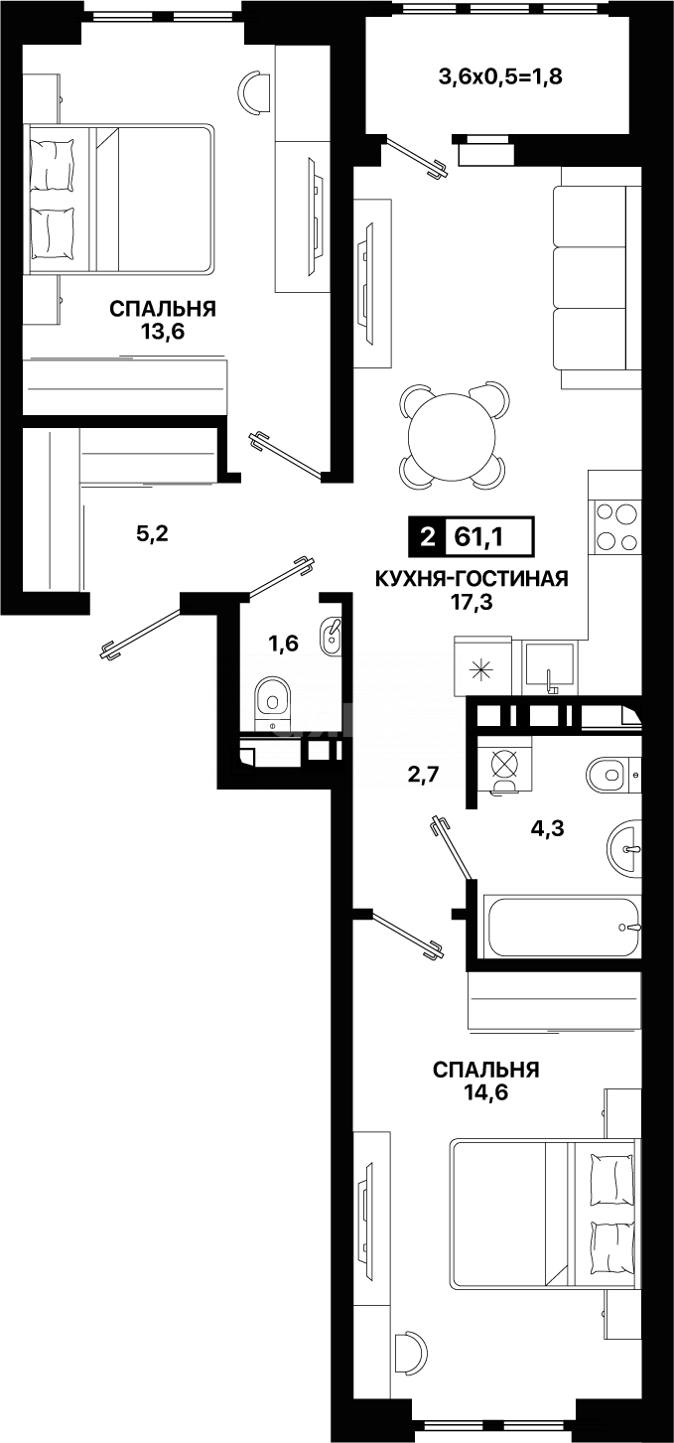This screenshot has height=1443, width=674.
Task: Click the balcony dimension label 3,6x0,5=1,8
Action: (500, 75)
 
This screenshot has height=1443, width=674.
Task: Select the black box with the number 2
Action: (428, 537)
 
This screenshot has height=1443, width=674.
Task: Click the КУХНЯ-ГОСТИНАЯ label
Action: (471, 579)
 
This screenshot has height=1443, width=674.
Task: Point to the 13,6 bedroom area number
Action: (164, 332)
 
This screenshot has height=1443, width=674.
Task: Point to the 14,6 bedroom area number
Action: (485, 1091)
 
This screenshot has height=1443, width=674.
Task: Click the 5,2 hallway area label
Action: (152, 534)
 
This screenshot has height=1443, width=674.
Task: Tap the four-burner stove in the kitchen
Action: (615, 527)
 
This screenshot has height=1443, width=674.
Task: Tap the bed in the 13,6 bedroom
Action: (119, 199)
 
